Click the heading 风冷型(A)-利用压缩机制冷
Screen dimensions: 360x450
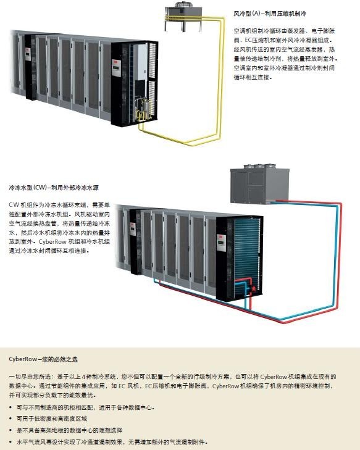coord(270,14)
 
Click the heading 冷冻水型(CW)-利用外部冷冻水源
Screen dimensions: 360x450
coord(54,188)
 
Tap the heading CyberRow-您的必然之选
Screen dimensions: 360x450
coord(43,359)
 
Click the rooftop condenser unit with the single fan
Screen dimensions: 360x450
coord(183,15)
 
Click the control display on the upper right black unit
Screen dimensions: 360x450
coord(116,68)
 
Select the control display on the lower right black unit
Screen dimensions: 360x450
coord(221,243)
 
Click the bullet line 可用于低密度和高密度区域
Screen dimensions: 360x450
coord(52,419)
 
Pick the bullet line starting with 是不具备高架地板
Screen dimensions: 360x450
coord(70,430)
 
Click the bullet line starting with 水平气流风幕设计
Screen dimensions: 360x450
coord(112,442)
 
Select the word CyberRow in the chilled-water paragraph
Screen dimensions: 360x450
coord(50,241)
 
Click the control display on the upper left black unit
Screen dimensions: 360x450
coord(28,54)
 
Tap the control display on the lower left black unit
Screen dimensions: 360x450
coord(133,229)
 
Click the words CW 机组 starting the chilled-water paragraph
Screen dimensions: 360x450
coord(21,205)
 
